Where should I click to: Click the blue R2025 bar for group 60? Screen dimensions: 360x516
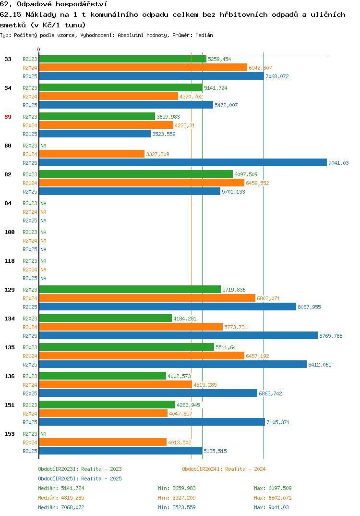[183, 162]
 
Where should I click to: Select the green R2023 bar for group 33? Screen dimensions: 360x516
[123, 59]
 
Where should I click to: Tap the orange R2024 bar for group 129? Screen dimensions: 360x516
[147, 298]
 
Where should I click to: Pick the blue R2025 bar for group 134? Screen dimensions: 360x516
[179, 336]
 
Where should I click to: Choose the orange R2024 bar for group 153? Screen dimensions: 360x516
[103, 442]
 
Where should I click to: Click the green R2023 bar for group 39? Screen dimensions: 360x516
[97, 116]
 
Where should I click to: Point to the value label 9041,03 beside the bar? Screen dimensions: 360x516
[338, 163]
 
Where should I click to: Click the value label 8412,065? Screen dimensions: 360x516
[320, 365]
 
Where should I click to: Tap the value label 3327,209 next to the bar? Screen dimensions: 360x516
[157, 154]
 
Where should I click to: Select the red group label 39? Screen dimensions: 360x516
[8, 117]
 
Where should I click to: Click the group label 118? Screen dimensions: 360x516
[10, 261]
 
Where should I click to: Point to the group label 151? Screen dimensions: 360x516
[10, 405]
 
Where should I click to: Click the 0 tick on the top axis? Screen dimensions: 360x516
[39, 49]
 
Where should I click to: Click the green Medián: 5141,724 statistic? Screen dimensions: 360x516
[61, 488]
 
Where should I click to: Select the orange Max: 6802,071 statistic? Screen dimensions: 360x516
[273, 498]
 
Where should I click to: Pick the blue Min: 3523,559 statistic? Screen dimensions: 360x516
[177, 507]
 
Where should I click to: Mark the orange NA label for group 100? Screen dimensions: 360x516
[43, 241]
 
